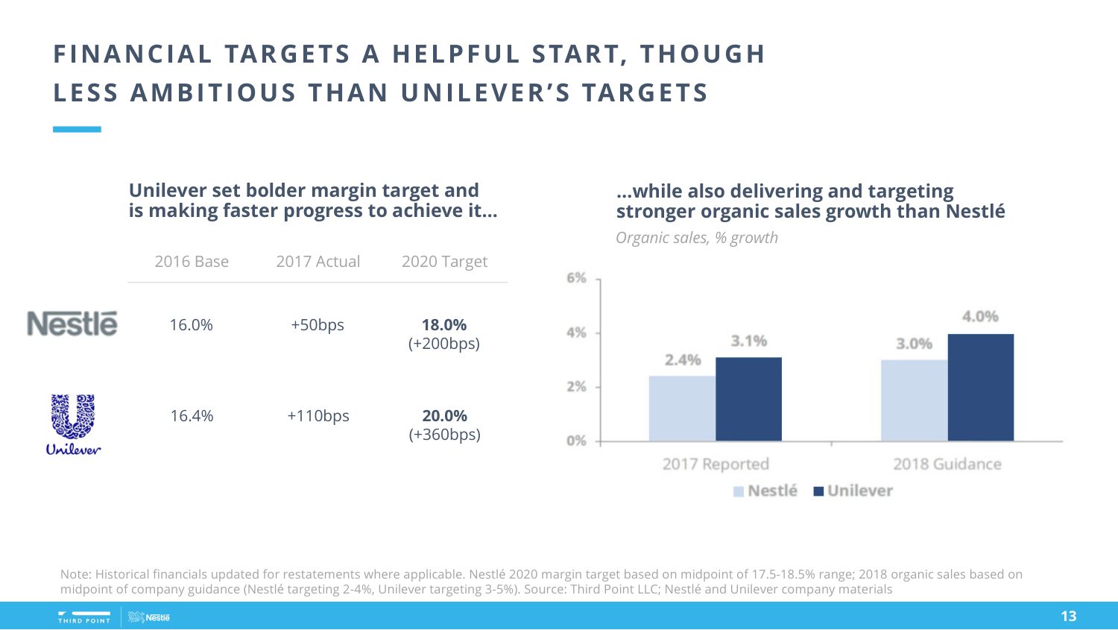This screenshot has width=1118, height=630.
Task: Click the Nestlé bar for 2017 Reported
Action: (682, 409)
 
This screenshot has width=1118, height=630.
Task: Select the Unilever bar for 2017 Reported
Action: (748, 400)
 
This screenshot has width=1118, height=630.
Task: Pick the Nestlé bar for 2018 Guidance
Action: (914, 400)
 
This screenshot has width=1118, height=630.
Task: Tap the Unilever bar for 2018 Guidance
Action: (980, 388)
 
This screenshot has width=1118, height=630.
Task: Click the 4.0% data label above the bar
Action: (980, 317)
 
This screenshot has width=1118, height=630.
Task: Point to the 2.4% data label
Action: (683, 360)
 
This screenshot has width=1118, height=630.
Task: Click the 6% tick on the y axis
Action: (576, 278)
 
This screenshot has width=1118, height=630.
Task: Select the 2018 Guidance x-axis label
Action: (947, 464)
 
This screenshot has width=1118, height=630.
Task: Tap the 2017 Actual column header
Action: (318, 262)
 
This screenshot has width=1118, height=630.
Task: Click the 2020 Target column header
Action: (444, 262)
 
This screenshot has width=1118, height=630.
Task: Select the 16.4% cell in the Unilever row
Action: (192, 416)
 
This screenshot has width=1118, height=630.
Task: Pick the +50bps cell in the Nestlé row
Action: (318, 325)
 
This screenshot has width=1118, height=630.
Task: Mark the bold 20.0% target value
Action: (444, 416)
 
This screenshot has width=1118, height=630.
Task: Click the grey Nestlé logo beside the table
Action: (72, 324)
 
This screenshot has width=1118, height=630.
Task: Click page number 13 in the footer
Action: (1068, 616)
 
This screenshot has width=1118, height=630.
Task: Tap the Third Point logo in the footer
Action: (84, 617)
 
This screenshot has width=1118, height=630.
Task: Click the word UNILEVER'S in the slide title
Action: (485, 93)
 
